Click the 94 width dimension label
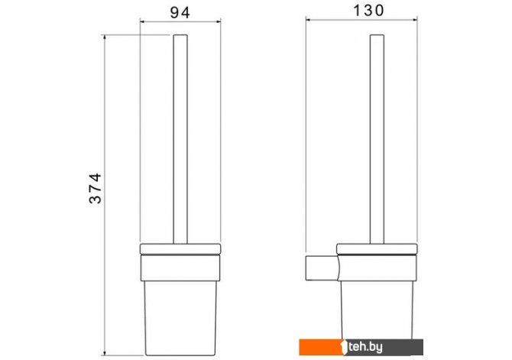[180, 13]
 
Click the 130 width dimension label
[368, 11]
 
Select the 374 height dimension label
[96, 189]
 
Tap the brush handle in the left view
[180, 139]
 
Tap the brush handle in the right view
[377, 139]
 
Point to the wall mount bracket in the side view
[322, 268]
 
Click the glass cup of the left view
[180, 318]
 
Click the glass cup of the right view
[377, 310]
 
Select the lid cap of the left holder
[180, 249]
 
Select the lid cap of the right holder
[377, 249]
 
